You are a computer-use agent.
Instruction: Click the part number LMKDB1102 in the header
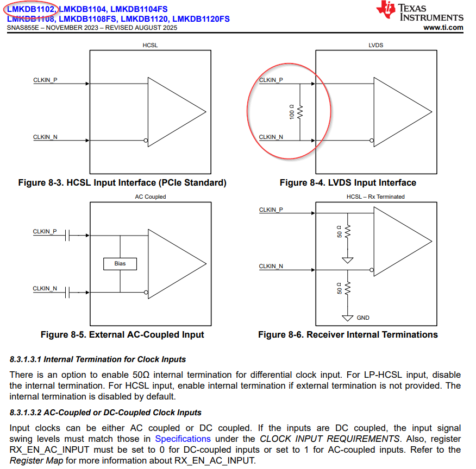(x=30, y=9)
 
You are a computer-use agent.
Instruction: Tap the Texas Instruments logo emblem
(x=386, y=9)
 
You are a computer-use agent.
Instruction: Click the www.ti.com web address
(x=443, y=28)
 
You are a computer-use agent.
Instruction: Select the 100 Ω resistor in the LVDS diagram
(x=300, y=112)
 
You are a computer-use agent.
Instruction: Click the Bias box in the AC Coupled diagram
(x=120, y=264)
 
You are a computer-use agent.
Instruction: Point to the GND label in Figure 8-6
(x=363, y=318)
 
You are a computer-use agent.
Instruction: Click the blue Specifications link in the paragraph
(x=183, y=439)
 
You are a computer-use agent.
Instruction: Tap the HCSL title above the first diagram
(x=151, y=45)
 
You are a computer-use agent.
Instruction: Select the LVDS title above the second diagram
(x=376, y=45)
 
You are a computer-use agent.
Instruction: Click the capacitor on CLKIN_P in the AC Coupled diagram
(x=67, y=235)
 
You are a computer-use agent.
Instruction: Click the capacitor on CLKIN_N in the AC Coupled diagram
(x=67, y=293)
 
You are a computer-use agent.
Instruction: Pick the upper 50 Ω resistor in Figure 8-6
(x=348, y=231)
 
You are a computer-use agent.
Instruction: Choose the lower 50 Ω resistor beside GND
(x=348, y=288)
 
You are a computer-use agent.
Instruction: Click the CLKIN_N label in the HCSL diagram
(x=45, y=137)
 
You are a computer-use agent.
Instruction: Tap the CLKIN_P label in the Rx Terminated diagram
(x=271, y=210)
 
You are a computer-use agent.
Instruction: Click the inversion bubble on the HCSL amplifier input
(x=146, y=141)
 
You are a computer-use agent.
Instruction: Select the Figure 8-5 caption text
(x=122, y=335)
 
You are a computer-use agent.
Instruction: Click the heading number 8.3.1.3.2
(x=26, y=413)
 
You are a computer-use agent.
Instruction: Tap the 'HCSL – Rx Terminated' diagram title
(x=375, y=197)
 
